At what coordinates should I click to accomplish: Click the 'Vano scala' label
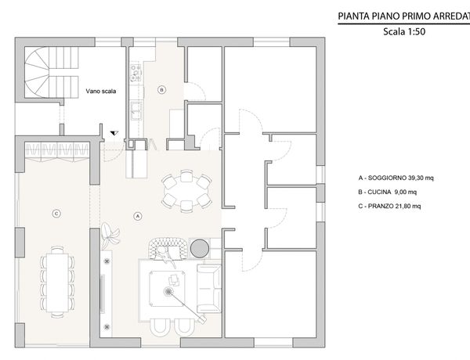click(101, 91)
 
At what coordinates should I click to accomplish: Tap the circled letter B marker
click(161, 89)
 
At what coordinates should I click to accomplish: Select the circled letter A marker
click(137, 216)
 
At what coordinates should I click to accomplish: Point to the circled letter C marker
click(56, 214)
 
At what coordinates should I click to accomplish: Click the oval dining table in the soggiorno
click(186, 191)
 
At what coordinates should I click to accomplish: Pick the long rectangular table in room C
click(57, 283)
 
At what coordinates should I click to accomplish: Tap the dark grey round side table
click(200, 248)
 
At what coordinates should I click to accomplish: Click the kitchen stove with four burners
click(136, 73)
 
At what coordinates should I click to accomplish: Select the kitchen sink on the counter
click(136, 110)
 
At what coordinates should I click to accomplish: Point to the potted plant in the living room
click(110, 235)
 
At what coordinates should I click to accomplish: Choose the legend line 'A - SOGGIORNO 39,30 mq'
click(396, 178)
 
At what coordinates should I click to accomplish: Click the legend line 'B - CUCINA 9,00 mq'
click(387, 192)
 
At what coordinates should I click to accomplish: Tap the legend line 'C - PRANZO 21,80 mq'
click(389, 206)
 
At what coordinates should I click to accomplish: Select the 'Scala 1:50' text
click(404, 31)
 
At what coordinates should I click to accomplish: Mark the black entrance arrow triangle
click(114, 133)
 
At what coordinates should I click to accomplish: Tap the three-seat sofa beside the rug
click(209, 288)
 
